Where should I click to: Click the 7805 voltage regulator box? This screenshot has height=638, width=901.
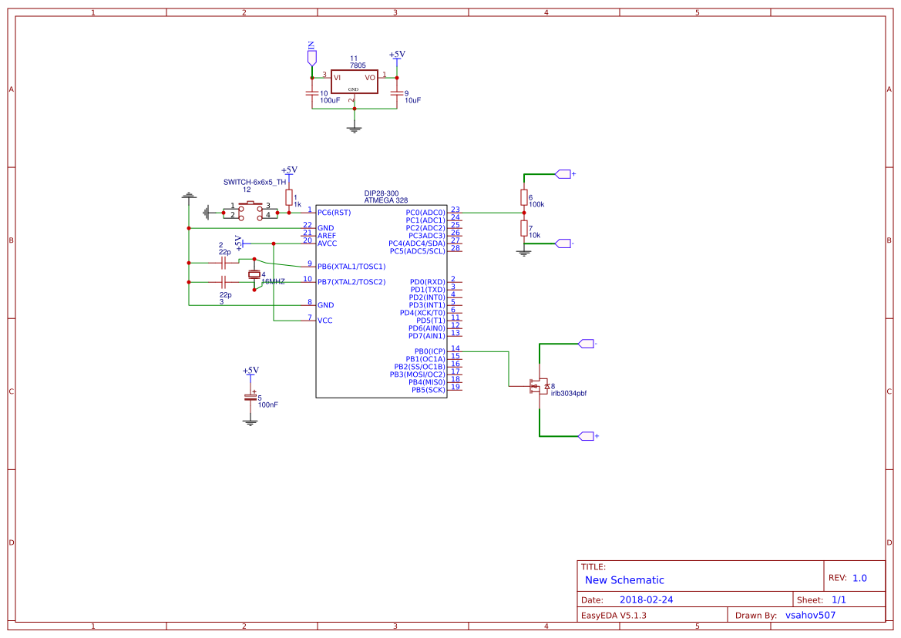click(355, 82)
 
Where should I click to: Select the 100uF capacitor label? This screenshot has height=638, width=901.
click(330, 101)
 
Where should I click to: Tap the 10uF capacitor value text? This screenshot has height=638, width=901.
click(412, 101)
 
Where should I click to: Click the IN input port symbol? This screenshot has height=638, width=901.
click(311, 56)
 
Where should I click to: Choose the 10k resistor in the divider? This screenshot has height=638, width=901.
click(524, 228)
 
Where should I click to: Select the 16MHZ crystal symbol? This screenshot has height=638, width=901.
click(254, 275)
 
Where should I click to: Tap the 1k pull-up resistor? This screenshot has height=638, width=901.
click(289, 198)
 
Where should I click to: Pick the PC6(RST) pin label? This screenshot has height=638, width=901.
click(334, 213)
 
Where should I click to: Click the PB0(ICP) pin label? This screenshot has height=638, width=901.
click(429, 351)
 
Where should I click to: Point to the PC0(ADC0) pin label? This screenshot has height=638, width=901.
click(425, 213)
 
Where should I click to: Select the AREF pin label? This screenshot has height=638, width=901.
click(326, 236)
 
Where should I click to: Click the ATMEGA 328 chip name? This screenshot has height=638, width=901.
click(385, 200)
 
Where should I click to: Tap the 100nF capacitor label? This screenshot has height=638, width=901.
click(268, 405)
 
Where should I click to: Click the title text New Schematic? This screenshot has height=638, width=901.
click(624, 580)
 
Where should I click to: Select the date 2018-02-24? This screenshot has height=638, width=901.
click(646, 599)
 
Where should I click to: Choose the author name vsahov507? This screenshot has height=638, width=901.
click(810, 616)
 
